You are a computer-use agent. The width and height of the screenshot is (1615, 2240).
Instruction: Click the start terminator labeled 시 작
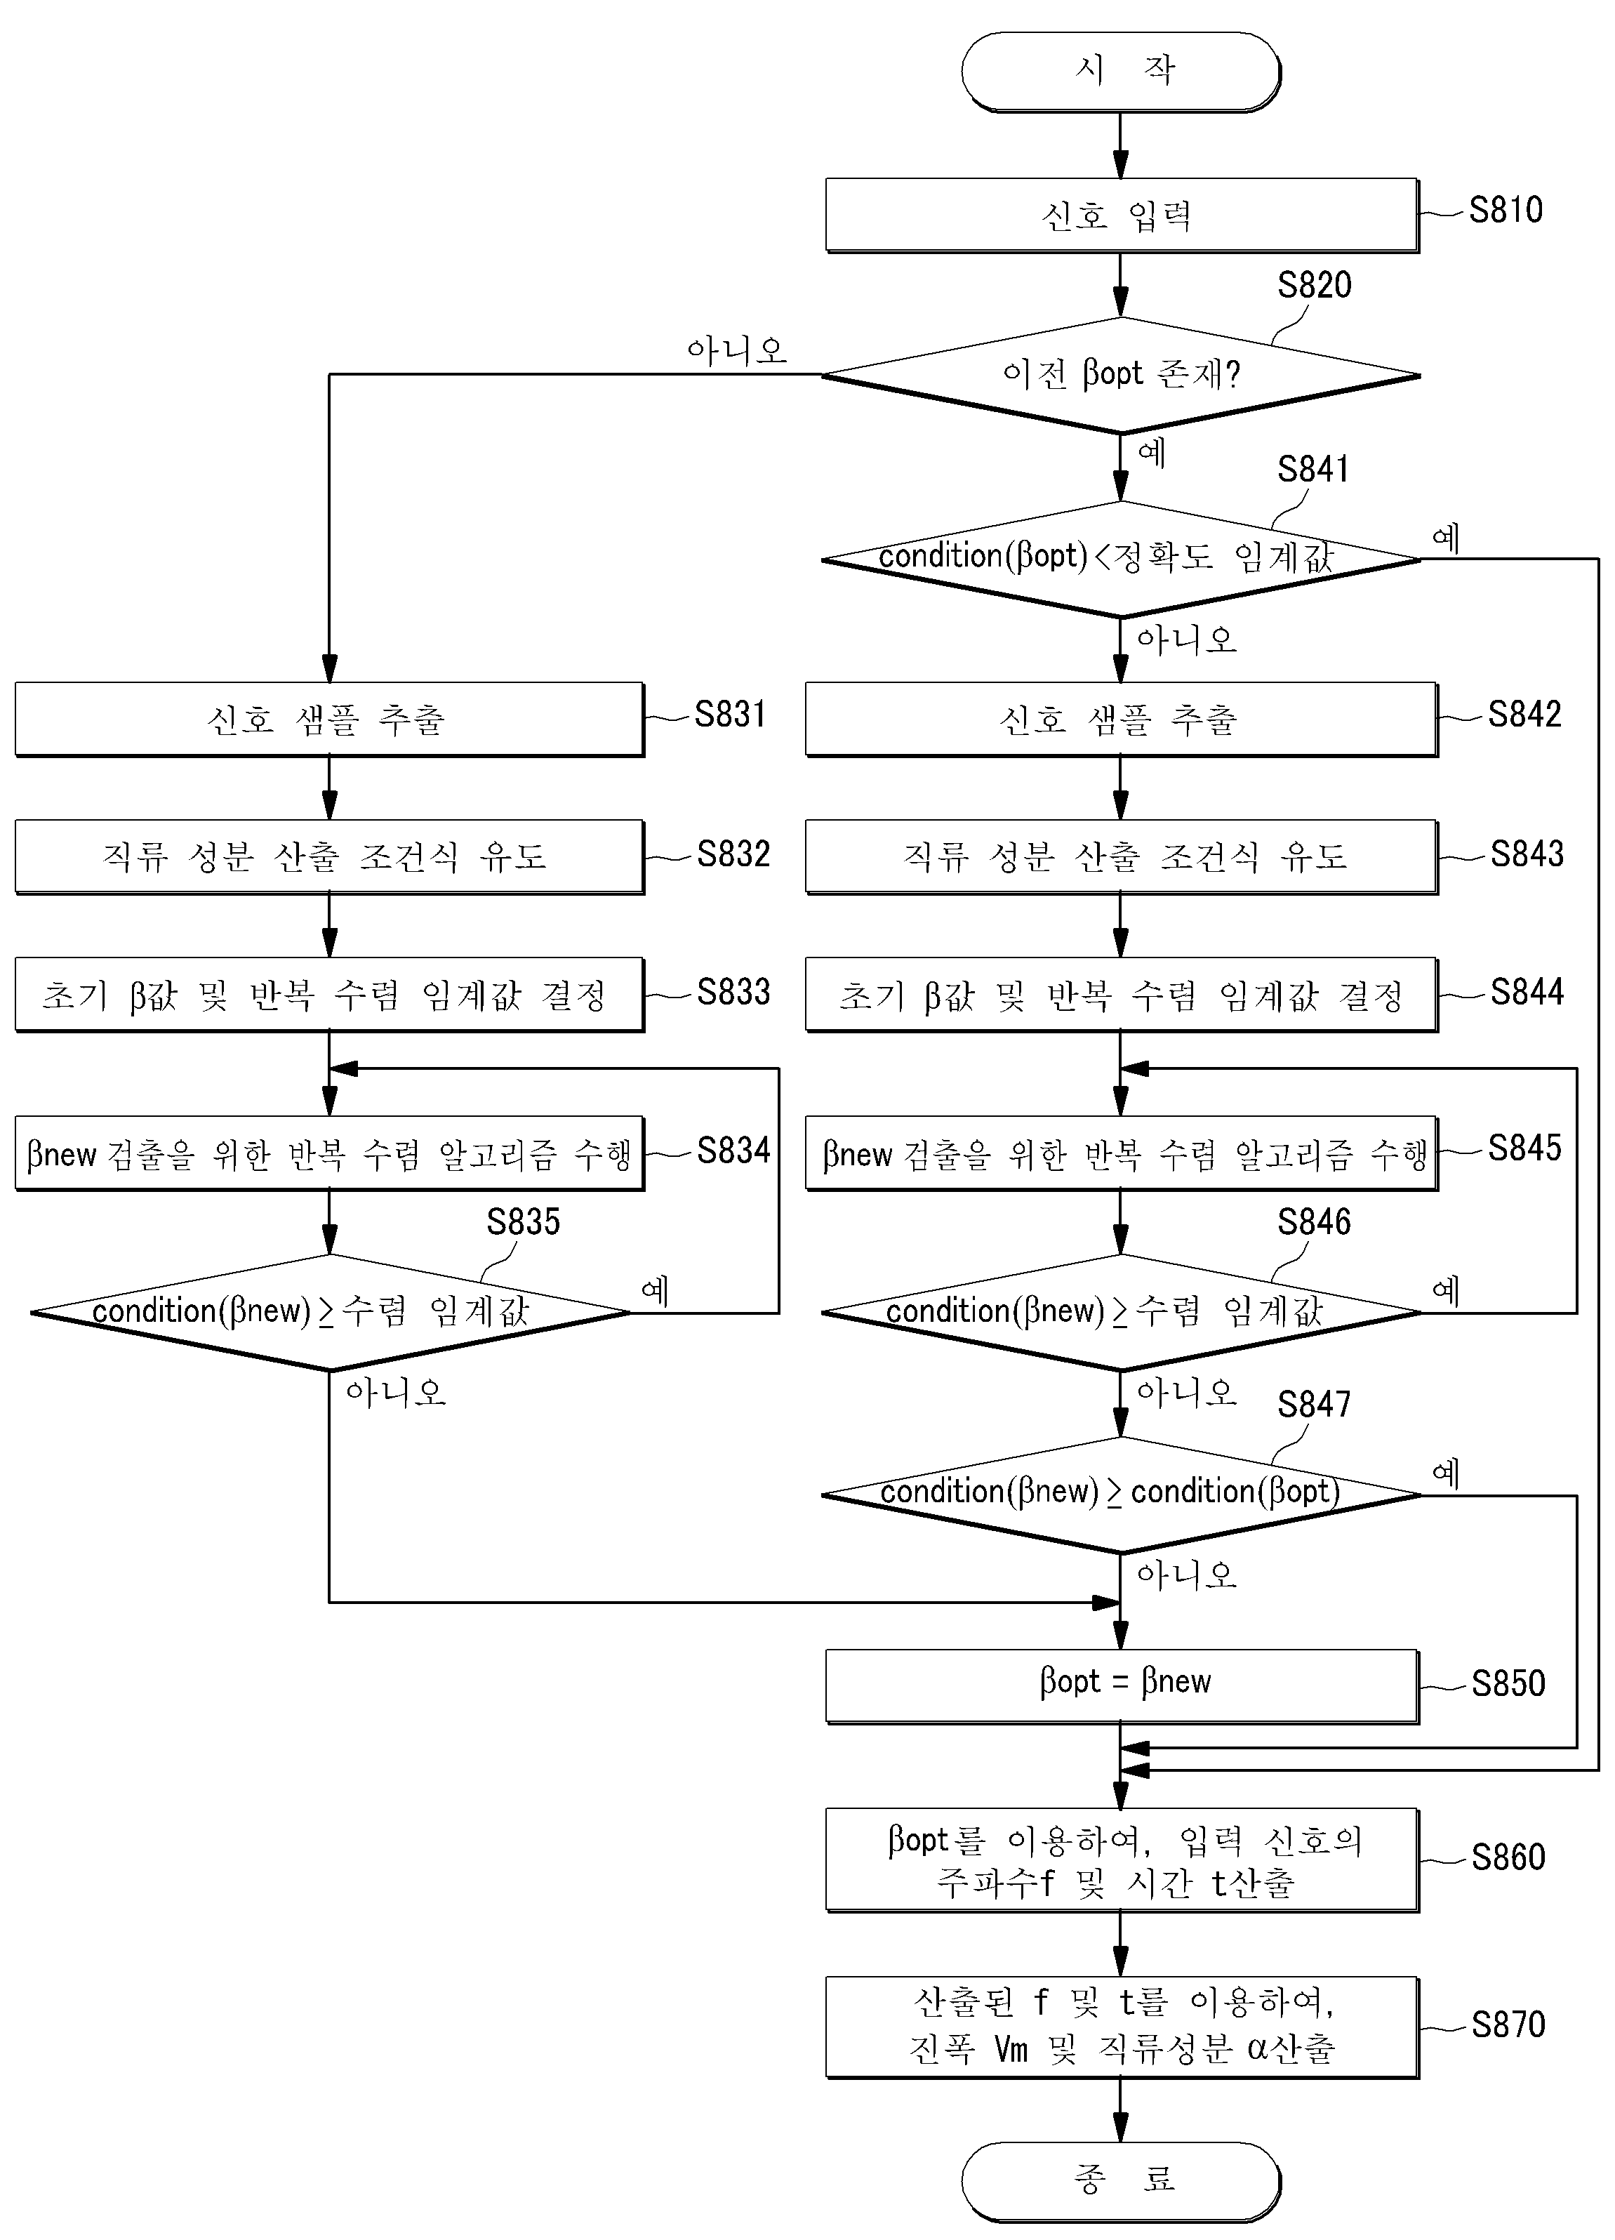[x=1121, y=71]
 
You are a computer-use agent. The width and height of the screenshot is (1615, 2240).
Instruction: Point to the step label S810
[x=1506, y=209]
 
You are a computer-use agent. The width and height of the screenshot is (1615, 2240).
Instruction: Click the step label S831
[x=730, y=714]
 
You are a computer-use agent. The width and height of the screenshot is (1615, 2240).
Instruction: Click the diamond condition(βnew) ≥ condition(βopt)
[x=1121, y=1495]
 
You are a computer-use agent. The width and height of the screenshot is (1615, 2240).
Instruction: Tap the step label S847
[x=1314, y=1403]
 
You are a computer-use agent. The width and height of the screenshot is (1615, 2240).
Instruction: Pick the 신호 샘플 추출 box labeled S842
[x=1121, y=719]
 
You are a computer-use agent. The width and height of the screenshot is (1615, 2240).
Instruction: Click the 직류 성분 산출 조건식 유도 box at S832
[x=330, y=856]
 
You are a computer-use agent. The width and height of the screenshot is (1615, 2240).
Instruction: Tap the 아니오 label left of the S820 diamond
[x=737, y=350]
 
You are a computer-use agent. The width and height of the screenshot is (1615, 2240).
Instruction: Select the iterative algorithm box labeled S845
[x=1121, y=1153]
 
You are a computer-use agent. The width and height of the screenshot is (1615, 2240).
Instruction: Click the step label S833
[x=733, y=992]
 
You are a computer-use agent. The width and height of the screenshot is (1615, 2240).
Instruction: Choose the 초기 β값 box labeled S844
[x=1121, y=995]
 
